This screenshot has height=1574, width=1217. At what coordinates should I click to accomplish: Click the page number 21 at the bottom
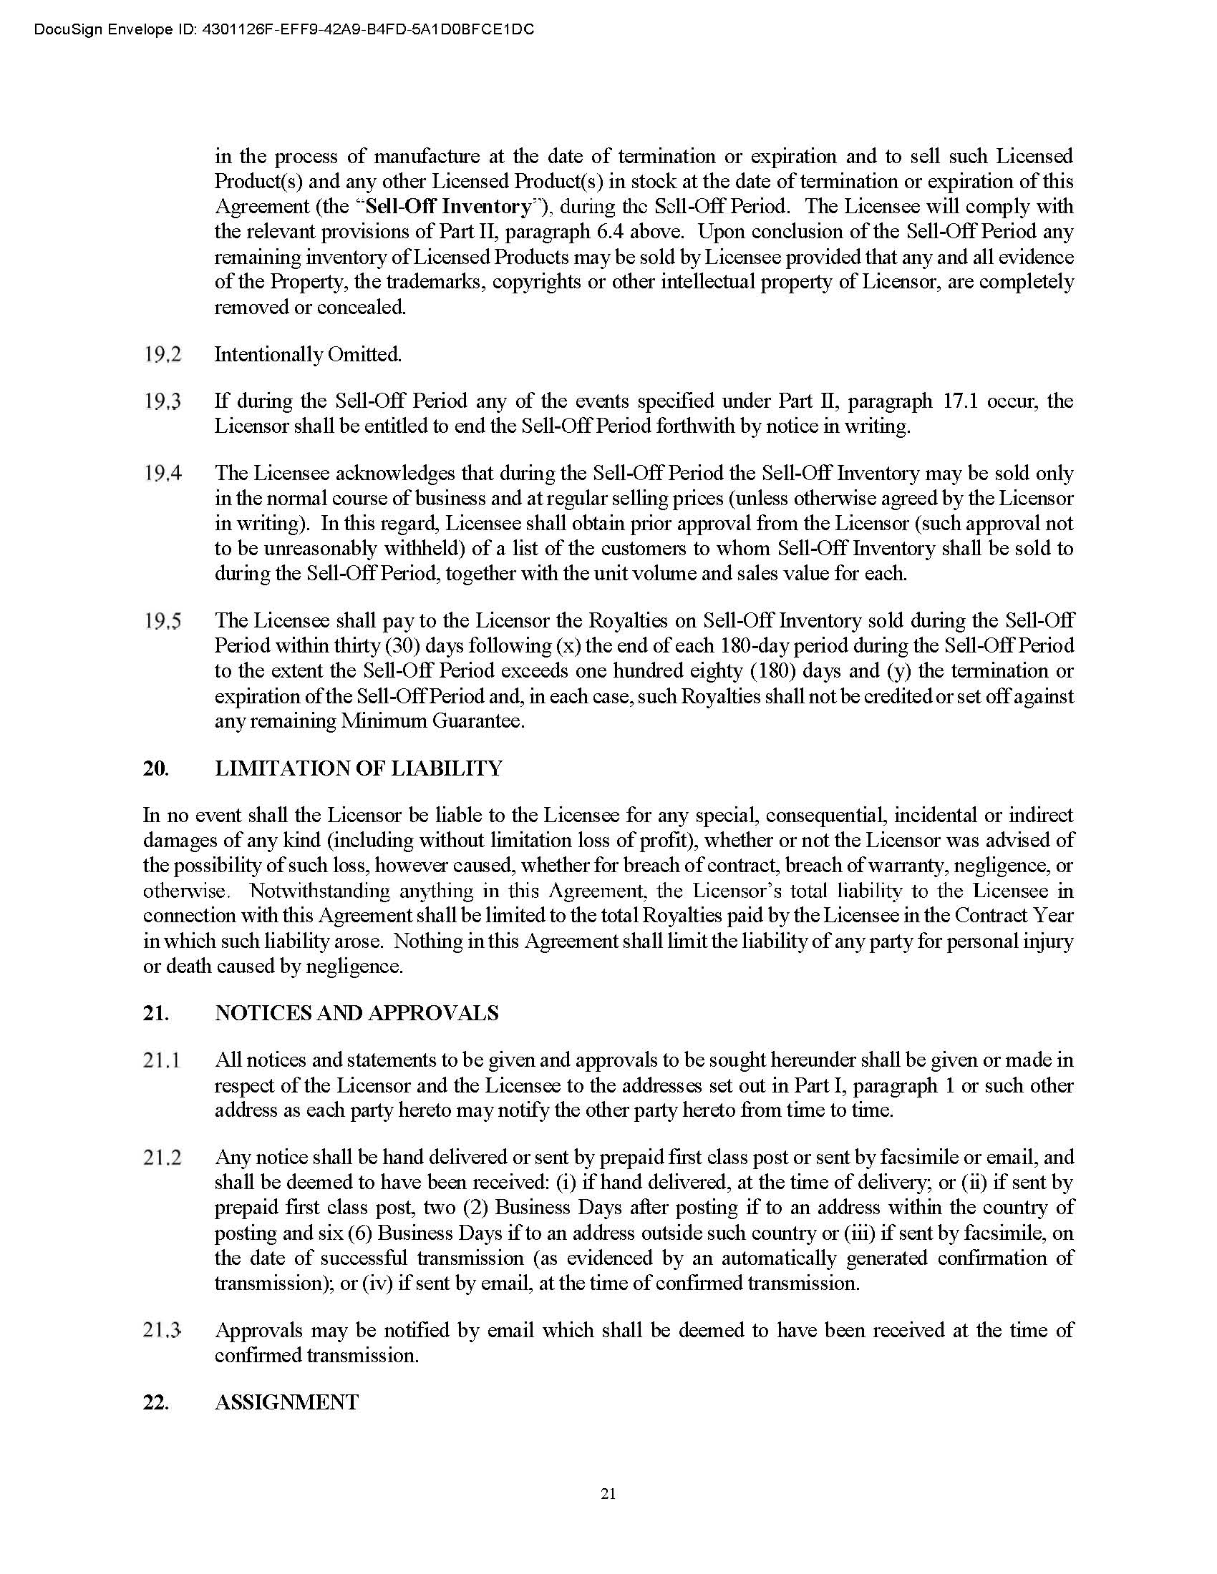[x=608, y=1494]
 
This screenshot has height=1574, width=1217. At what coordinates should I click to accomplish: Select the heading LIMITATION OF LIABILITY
[x=359, y=768]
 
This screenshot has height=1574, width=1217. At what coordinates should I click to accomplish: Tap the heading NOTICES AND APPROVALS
[x=357, y=1013]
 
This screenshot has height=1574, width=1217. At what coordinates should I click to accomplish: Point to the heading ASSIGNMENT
[x=286, y=1402]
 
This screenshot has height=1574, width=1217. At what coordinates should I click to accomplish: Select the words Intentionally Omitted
[x=308, y=355]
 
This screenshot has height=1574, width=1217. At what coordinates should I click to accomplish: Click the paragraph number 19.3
[x=163, y=401]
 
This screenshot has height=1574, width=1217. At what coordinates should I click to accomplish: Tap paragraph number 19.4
[x=163, y=474]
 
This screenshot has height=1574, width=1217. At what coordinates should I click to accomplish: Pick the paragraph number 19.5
[x=163, y=620]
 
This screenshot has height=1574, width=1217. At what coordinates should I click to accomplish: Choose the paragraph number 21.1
[x=162, y=1060]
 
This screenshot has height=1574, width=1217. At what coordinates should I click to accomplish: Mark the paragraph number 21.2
[x=162, y=1158]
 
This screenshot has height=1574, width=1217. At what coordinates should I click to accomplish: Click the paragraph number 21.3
[x=162, y=1331]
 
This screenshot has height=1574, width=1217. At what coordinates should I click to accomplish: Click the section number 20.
[x=156, y=768]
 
